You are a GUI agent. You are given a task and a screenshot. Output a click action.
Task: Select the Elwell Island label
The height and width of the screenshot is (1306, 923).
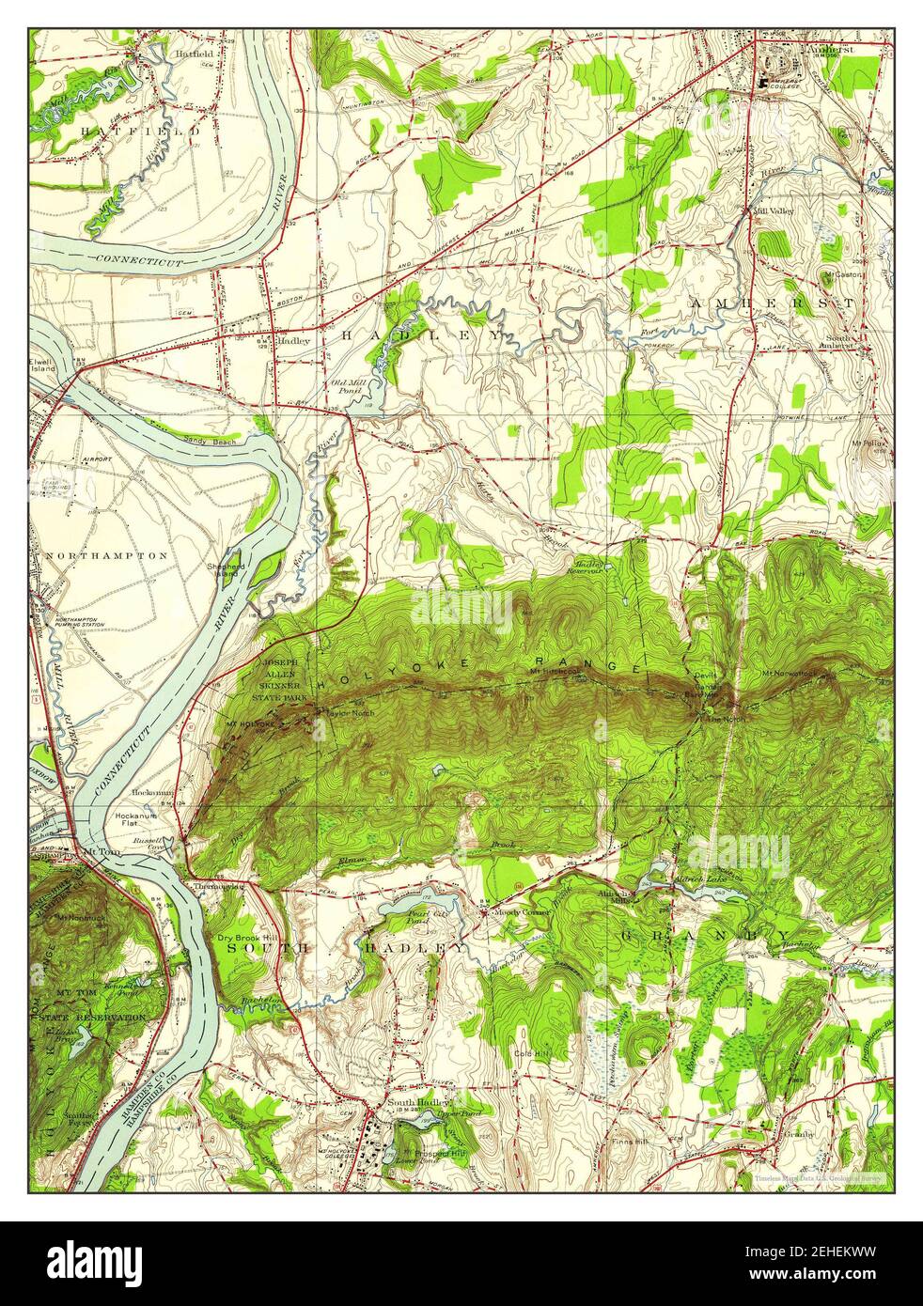[43, 364]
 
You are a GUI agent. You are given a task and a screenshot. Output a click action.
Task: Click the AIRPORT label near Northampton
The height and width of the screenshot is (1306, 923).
[97, 459]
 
